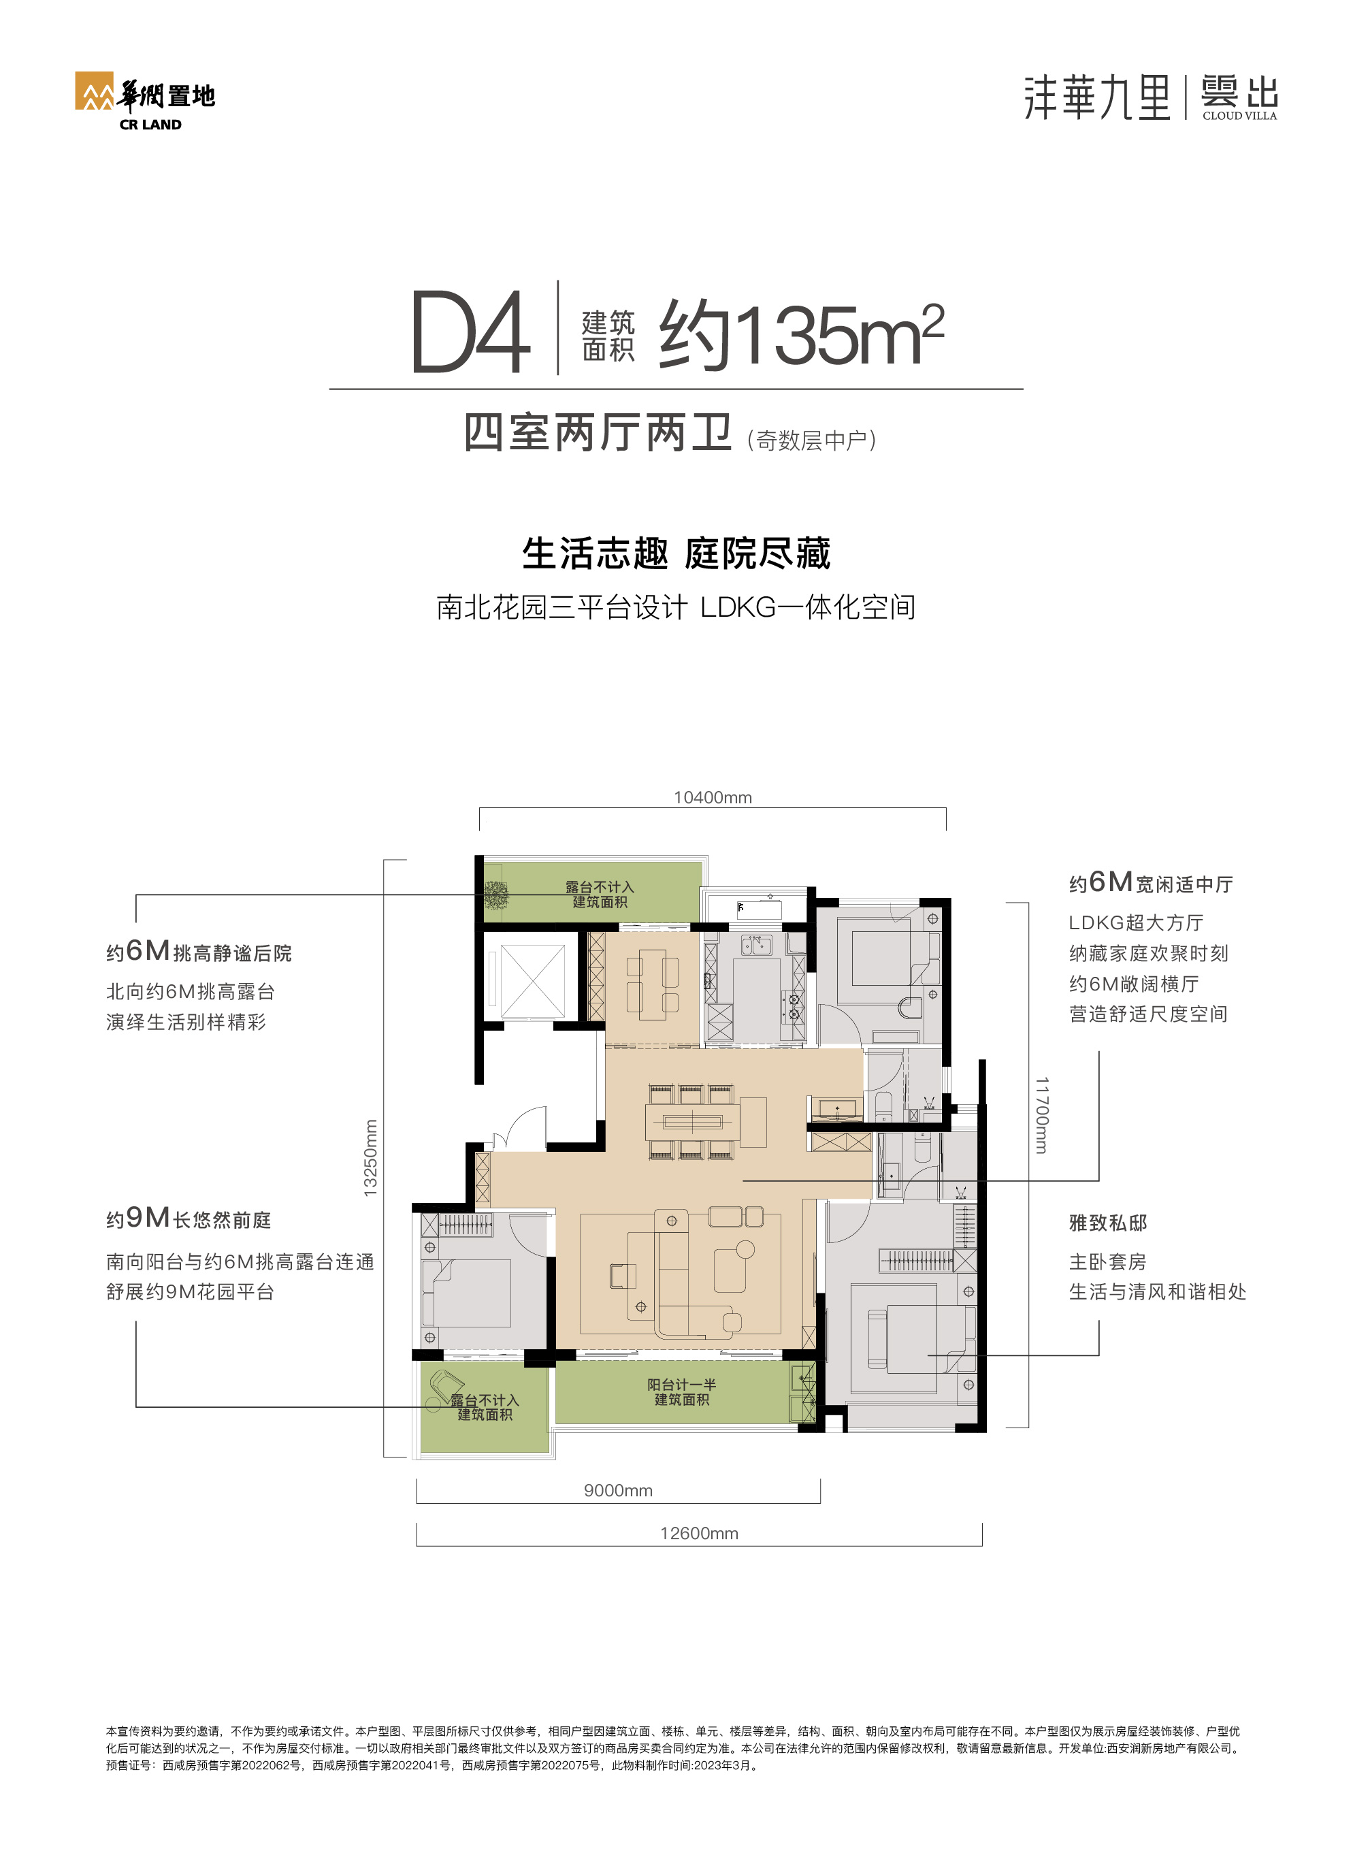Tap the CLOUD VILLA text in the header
(1239, 116)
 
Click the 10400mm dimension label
(712, 798)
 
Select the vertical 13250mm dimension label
(370, 1159)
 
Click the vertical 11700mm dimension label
(1041, 1115)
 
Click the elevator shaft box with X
(532, 980)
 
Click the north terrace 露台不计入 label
(600, 894)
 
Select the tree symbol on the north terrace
(495, 895)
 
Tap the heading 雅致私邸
(1107, 1223)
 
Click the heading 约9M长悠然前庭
(189, 1219)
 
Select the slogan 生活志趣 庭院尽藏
(676, 553)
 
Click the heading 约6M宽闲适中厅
(1150, 883)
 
